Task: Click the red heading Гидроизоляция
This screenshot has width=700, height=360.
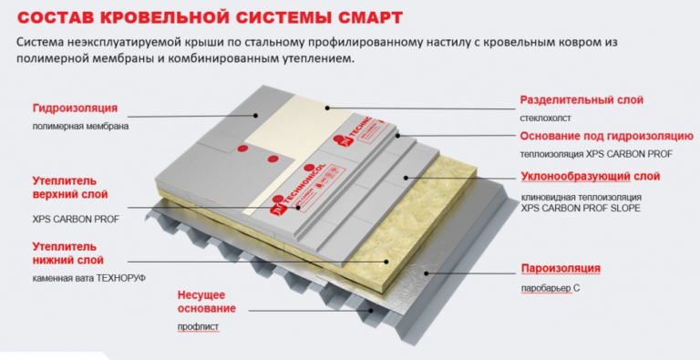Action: [75, 108]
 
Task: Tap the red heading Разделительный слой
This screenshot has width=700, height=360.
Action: [582, 99]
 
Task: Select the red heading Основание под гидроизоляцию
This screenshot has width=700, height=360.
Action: [607, 136]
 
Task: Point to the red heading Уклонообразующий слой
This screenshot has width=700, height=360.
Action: [591, 177]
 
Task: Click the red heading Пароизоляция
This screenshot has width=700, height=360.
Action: [561, 269]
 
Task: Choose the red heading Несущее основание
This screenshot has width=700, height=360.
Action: [206, 302]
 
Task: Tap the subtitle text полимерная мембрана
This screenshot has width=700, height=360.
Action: [80, 127]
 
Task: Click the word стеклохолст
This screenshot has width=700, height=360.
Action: [545, 118]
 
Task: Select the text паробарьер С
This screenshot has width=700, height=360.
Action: [550, 289]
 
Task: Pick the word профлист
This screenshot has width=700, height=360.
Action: [198, 327]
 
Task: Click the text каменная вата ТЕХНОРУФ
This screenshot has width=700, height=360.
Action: [88, 278]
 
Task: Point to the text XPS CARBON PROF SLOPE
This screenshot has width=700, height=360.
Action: [581, 208]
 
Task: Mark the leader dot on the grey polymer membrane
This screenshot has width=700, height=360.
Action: [256, 115]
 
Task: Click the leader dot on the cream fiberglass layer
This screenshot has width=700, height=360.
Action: [327, 108]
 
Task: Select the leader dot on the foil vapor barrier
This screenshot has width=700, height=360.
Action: [427, 273]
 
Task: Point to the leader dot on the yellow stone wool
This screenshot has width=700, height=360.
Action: [386, 262]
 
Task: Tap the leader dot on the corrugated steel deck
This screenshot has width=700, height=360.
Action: [371, 311]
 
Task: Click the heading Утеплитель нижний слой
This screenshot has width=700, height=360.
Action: [67, 253]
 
